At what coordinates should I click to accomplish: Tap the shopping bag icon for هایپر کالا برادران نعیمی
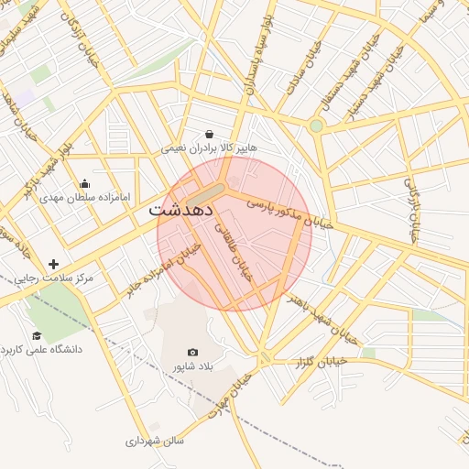pyautogui.click(x=210, y=134)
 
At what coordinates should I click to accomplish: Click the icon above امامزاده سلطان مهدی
pyautogui.click(x=85, y=183)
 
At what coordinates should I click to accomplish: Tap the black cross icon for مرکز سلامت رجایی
pyautogui.click(x=54, y=264)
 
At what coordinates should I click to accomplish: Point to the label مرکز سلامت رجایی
pyautogui.click(x=54, y=278)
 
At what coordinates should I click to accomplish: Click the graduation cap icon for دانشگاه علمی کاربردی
pyautogui.click(x=37, y=336)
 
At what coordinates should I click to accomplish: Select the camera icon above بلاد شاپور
pyautogui.click(x=192, y=352)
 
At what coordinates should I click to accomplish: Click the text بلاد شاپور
pyautogui.click(x=192, y=366)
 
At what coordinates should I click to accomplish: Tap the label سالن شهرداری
pyautogui.click(x=155, y=441)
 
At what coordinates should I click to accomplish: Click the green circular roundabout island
pyautogui.click(x=316, y=125)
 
